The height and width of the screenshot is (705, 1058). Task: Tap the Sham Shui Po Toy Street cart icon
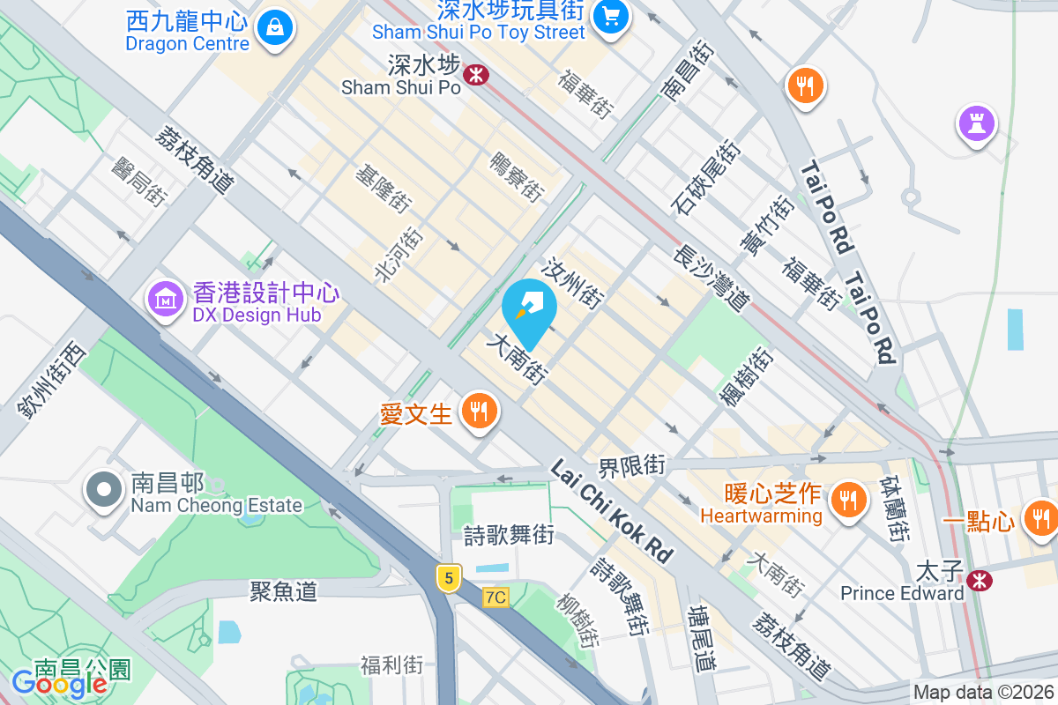(x=609, y=16)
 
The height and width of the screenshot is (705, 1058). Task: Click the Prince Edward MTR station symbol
(x=977, y=580)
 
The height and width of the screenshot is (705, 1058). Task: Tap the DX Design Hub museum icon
(x=165, y=300)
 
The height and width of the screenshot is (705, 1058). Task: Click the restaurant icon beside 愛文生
(x=479, y=410)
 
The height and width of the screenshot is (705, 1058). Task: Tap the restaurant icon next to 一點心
(x=1040, y=517)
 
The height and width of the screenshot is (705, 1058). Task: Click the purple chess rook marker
(x=976, y=123)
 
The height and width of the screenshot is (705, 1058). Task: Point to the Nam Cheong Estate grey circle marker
(x=104, y=490)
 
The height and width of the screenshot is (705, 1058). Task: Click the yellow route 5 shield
(x=449, y=578)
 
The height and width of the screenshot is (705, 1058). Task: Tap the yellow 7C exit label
(x=495, y=597)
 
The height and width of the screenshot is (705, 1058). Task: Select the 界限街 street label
(x=630, y=464)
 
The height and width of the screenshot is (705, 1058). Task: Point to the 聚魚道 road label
(x=283, y=590)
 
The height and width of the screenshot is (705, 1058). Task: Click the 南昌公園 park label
(x=82, y=670)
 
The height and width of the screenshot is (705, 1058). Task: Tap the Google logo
(x=59, y=682)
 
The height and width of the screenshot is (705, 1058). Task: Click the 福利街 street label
(x=391, y=664)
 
